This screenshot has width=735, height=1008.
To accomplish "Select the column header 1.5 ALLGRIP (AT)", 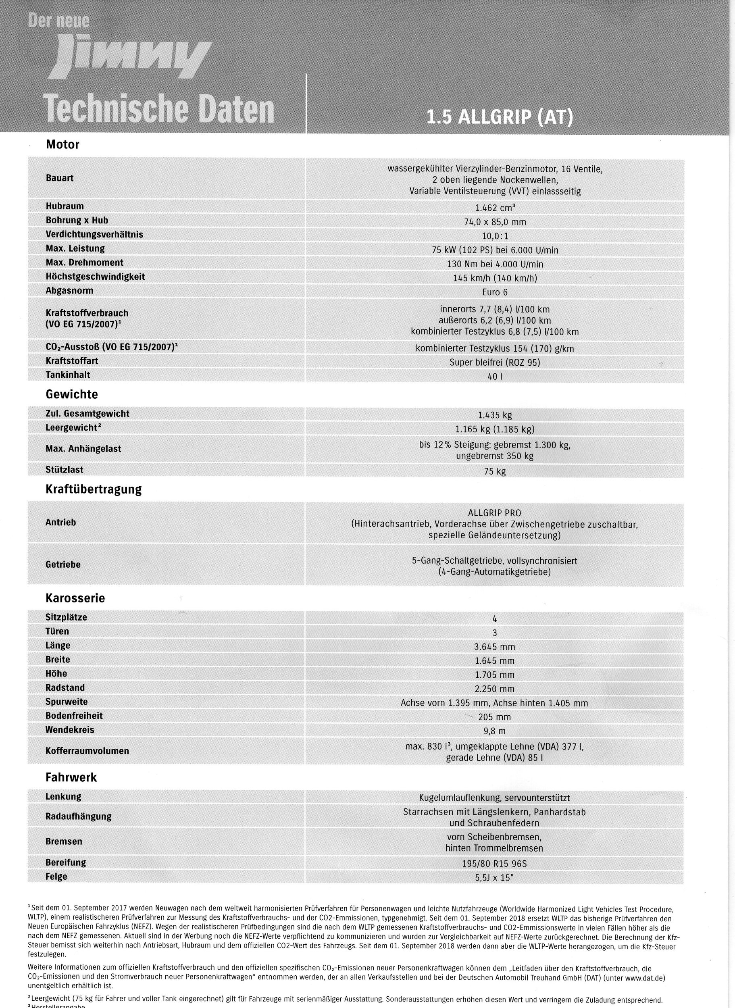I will [x=499, y=117].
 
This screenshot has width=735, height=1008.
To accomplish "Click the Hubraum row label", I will [x=65, y=206].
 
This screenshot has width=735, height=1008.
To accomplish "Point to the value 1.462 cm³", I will [x=495, y=208].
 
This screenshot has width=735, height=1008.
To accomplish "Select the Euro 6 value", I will [x=495, y=292].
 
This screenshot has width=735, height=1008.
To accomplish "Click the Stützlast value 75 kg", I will [x=495, y=471].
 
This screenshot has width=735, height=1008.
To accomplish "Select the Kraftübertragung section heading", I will [x=94, y=489].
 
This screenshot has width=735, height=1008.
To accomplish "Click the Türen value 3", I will [x=495, y=633].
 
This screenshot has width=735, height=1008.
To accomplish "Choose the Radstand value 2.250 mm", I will [x=495, y=689].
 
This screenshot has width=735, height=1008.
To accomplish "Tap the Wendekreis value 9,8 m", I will [x=495, y=731].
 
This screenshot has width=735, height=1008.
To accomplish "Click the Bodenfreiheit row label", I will [x=74, y=716].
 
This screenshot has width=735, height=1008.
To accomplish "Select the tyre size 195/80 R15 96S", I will [x=495, y=864].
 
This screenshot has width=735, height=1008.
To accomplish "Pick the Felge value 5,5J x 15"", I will [x=495, y=878].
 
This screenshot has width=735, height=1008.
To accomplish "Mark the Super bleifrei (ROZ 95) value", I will [x=495, y=362].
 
